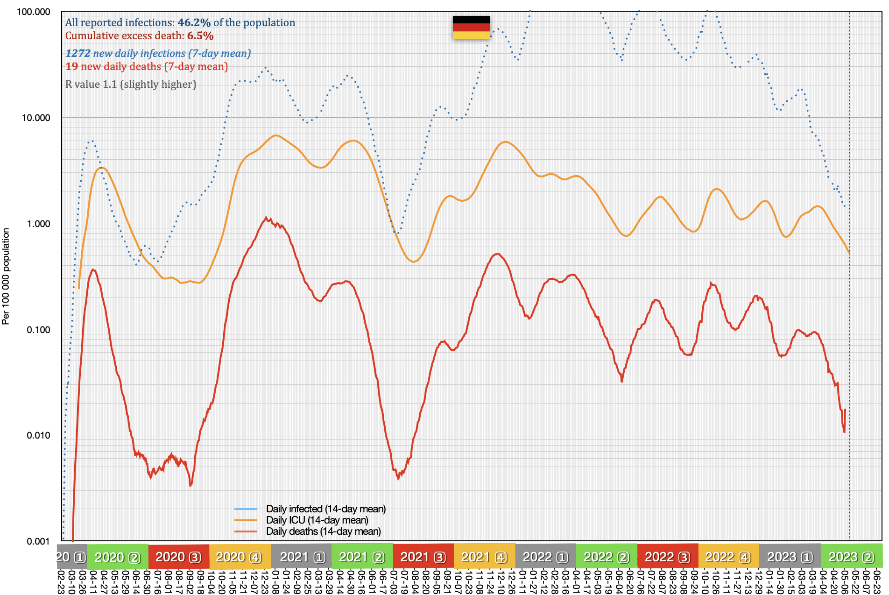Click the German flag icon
(471, 27)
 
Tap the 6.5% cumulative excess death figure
(200, 36)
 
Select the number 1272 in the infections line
(78, 54)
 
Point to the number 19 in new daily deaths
(71, 67)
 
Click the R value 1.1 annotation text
(130, 85)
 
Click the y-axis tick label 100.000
(34, 12)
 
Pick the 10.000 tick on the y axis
(36, 118)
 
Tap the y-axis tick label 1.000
(38, 224)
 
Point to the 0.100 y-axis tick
(38, 330)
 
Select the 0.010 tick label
(38, 436)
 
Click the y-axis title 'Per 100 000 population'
(6, 276)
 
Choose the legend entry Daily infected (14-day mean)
(325, 509)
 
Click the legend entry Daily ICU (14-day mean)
(317, 520)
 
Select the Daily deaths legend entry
(323, 531)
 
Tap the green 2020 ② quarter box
(118, 557)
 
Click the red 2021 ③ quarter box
(423, 557)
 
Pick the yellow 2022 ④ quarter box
(728, 557)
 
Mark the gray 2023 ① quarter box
(790, 557)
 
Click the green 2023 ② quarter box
(851, 557)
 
